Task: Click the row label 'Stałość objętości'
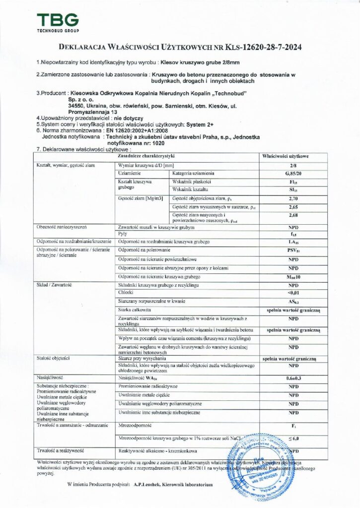52,357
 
